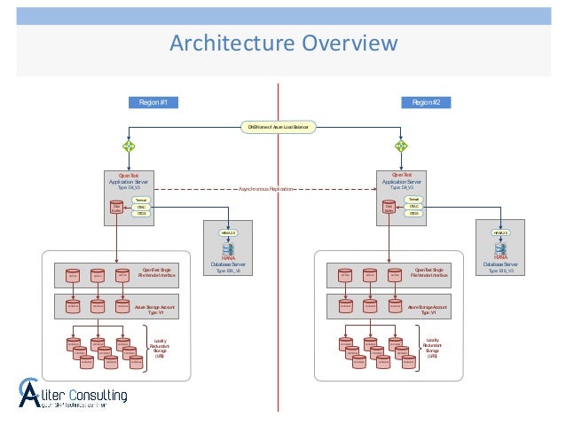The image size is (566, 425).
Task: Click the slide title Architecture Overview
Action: (x=283, y=43)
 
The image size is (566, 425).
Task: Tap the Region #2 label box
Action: (x=431, y=103)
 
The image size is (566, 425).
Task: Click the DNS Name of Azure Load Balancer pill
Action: (x=279, y=128)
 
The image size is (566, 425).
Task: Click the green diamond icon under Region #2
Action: (x=401, y=146)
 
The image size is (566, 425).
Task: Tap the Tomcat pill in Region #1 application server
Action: (x=140, y=200)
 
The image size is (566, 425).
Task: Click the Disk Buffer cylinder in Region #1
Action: (x=117, y=208)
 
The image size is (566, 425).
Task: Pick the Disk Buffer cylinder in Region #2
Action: (x=389, y=208)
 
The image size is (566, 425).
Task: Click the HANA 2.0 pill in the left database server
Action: (x=227, y=232)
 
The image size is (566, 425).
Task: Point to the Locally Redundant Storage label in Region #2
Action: (x=432, y=347)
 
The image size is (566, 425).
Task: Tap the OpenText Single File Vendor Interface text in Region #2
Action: (x=429, y=272)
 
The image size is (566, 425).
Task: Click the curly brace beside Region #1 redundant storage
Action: (x=145, y=346)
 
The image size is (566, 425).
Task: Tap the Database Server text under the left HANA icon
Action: (x=227, y=264)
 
